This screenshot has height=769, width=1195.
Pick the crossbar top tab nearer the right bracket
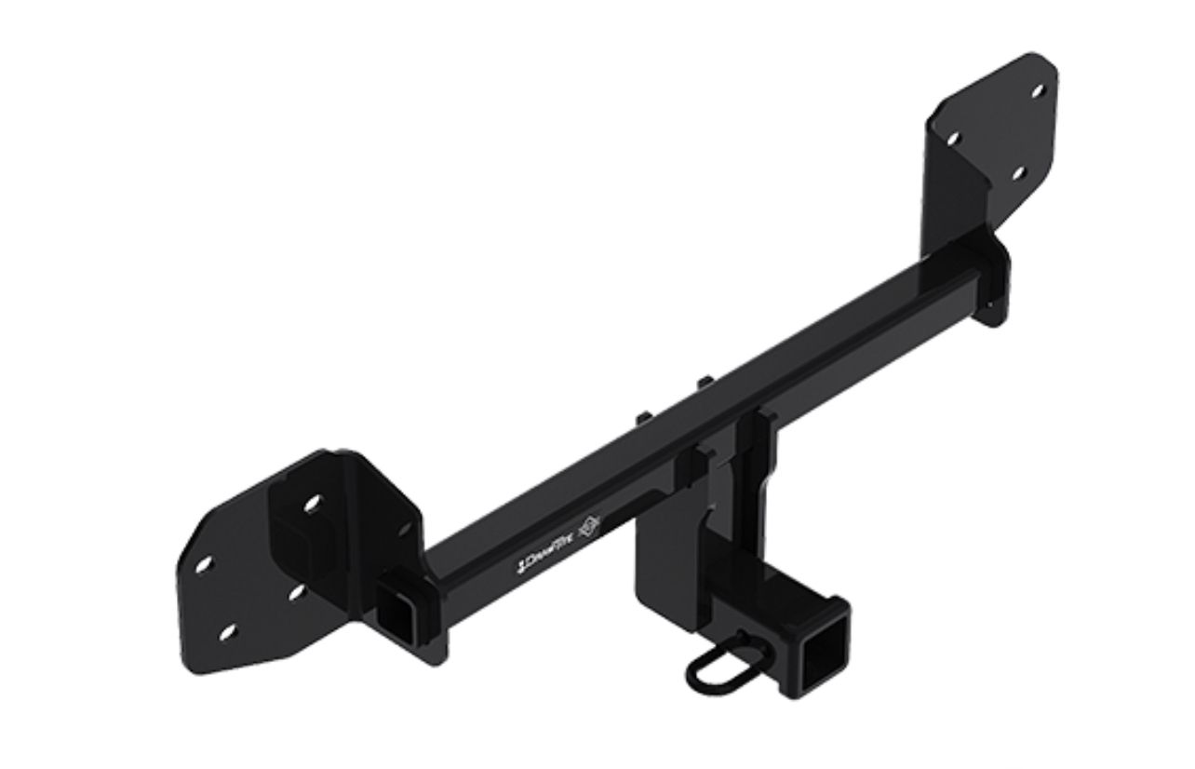point(705,383)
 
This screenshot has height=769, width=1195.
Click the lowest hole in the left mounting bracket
point(226,633)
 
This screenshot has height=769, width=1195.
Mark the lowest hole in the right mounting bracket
point(1016,173)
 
